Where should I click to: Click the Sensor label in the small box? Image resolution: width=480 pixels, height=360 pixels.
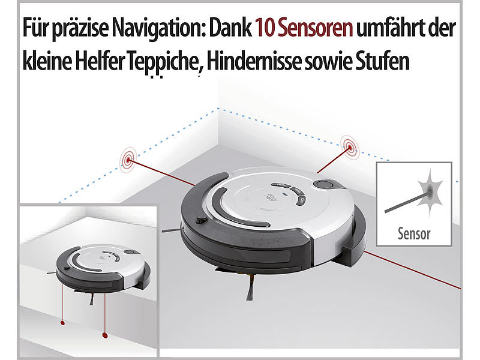click(414, 233)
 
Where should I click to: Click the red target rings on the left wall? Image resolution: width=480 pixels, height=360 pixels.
click(128, 160)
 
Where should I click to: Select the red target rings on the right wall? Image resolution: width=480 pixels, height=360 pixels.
click(350, 147)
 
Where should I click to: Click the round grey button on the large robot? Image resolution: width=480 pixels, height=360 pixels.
click(325, 185)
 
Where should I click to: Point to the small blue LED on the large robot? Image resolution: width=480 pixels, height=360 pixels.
click(284, 194)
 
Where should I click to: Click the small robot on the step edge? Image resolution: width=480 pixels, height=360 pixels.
click(103, 267)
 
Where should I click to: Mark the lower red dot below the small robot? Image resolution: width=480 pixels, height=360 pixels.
click(104, 335)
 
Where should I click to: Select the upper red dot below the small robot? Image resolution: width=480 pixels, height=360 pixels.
click(62, 323)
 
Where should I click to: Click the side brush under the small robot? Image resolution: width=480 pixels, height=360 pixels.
click(92, 299)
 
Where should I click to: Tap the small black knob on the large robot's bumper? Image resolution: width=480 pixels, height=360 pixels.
click(201, 220)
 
